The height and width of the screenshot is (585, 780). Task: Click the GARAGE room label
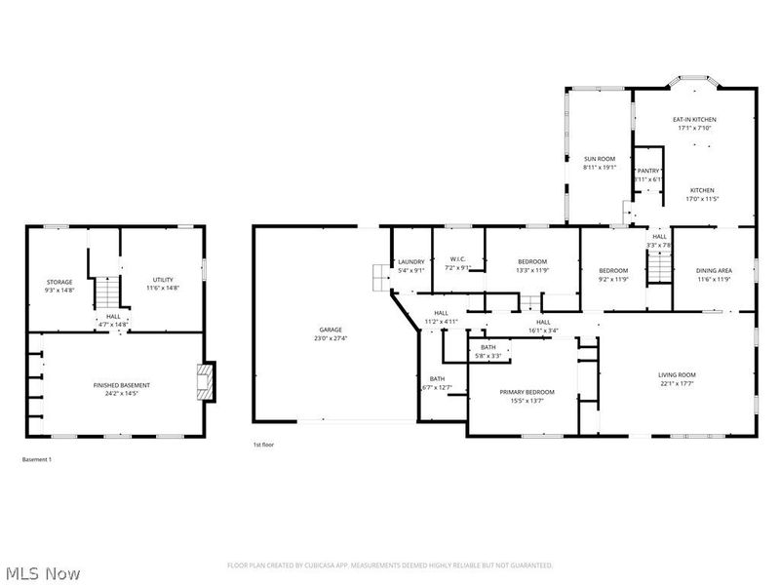point(331,330)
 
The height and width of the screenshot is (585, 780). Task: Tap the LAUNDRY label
point(409,261)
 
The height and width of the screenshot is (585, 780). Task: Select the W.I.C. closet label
point(458,258)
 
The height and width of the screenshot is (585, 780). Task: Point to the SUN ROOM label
point(599,158)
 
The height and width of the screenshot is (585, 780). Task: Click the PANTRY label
point(648,171)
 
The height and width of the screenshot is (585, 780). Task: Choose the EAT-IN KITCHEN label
point(694,119)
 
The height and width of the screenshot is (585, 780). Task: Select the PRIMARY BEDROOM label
point(527,392)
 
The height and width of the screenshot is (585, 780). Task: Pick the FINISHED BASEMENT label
point(122,385)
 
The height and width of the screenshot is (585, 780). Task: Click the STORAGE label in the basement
point(59,282)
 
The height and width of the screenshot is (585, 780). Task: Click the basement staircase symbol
point(106,291)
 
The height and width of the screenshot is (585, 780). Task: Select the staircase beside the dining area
point(660,265)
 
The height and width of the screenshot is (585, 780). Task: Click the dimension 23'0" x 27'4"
point(331,337)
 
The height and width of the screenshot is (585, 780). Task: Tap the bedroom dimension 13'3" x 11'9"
point(531,270)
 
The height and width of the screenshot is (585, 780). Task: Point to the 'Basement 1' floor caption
point(36,458)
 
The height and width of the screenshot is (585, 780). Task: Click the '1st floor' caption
point(262,445)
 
